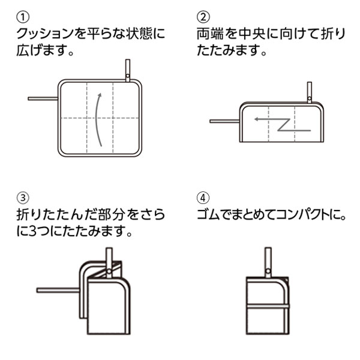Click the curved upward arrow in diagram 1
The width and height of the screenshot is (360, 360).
click(x=96, y=118)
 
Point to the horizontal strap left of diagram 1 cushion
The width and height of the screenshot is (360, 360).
click(x=41, y=97)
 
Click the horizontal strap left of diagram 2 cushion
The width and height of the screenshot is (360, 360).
click(x=224, y=122)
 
